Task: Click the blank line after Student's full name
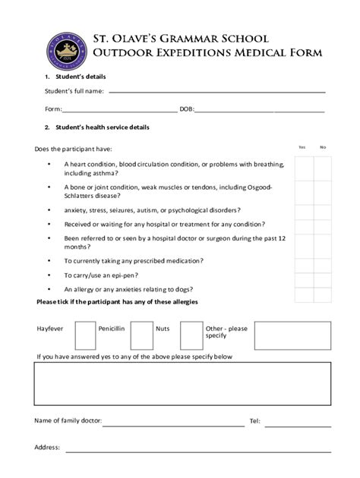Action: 216,91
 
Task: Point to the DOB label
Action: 186,109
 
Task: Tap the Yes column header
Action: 302,146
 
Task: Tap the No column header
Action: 323,146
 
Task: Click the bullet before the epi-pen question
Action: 49,275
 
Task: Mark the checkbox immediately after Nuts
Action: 191,334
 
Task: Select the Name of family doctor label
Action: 68,420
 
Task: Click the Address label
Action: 47,447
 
